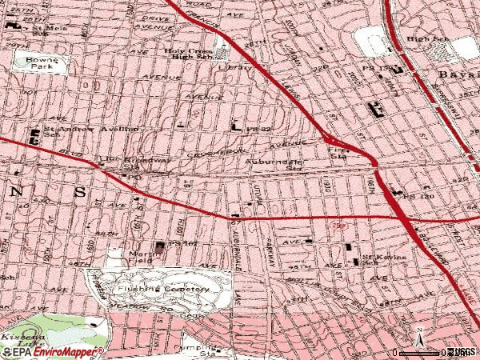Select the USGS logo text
[462, 352]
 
